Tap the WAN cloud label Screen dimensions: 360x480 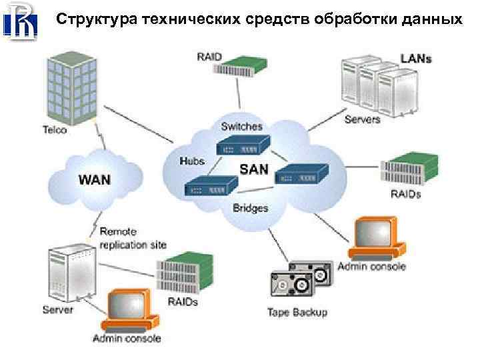click(95, 179)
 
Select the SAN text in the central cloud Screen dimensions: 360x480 click(253, 169)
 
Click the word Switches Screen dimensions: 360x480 click(242, 126)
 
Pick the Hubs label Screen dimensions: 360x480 click(192, 161)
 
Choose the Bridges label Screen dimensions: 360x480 click(251, 207)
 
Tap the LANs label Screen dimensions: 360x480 click(415, 58)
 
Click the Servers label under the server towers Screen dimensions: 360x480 click(362, 120)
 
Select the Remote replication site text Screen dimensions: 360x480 click(133, 238)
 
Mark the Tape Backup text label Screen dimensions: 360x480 click(297, 312)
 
